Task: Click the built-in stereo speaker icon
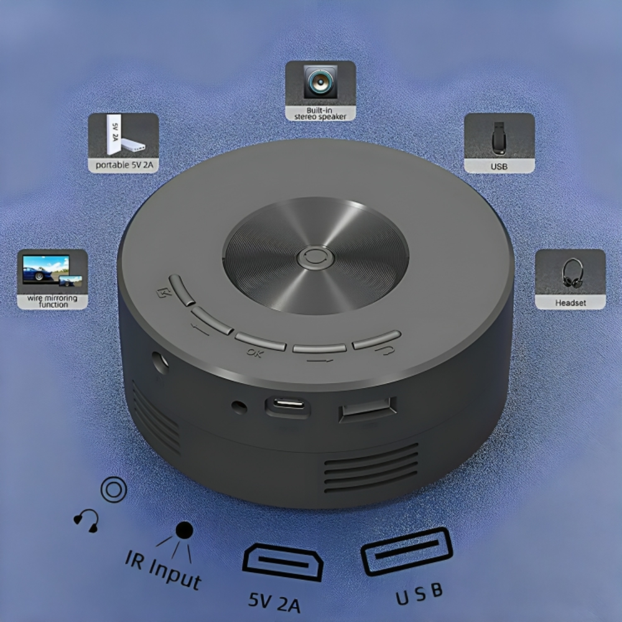[x=320, y=83]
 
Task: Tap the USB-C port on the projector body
[x=287, y=406]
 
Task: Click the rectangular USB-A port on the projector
[x=368, y=410]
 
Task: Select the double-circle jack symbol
[x=113, y=490]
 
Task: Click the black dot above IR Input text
[x=184, y=530]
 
